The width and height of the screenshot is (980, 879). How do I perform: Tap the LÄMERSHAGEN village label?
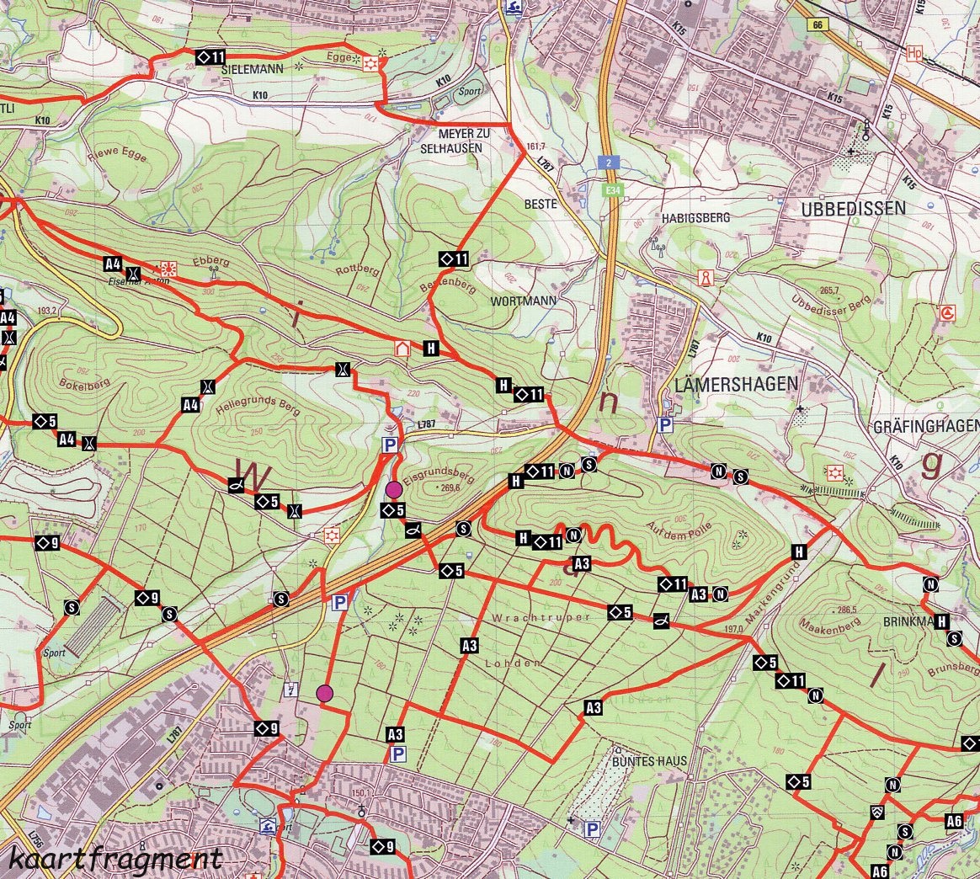point(736,384)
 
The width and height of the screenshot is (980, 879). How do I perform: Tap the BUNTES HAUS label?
point(649,761)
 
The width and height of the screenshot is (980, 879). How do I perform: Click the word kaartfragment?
point(117,859)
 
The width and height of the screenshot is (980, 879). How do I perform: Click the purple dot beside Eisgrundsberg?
point(393,489)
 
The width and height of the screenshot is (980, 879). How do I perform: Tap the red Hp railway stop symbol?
point(914,53)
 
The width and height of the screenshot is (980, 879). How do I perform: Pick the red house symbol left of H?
point(402,348)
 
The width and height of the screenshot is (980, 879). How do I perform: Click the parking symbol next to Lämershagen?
point(665,426)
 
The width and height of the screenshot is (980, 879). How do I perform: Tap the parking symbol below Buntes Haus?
point(593,830)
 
